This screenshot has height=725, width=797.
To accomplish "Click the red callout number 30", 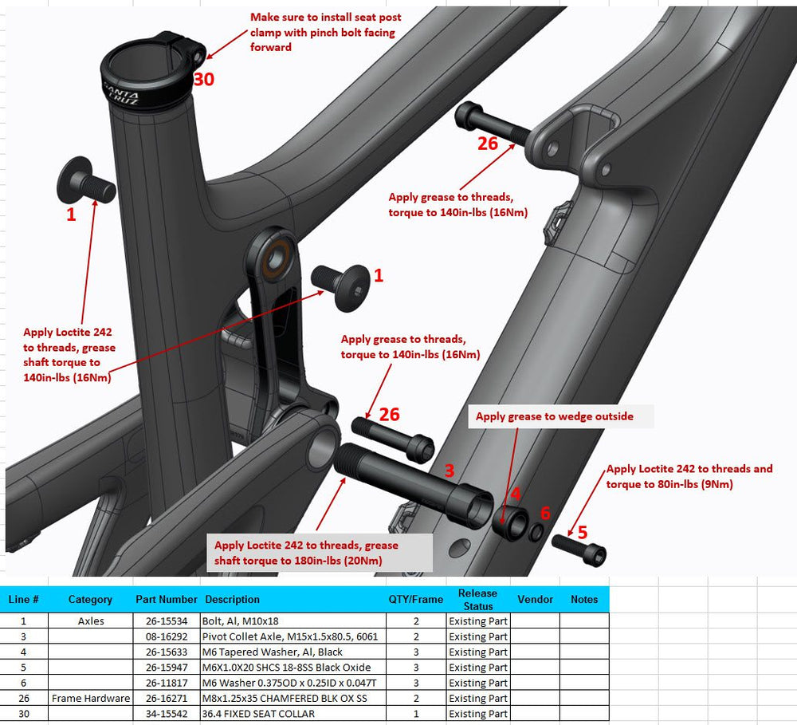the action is point(204,80).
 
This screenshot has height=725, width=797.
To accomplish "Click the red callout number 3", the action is point(450,471).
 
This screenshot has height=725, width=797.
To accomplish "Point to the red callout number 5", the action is point(583,532).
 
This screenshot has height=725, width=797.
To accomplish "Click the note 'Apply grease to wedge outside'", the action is point(555,416).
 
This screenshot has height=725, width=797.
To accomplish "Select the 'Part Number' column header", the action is point(167,599).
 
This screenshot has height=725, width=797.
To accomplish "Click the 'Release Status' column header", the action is point(477,599).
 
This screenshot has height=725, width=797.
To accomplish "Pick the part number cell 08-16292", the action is point(167,636).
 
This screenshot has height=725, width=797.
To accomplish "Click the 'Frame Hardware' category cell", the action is point(91,698).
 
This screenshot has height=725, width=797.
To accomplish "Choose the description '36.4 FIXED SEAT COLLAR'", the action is point(258,714).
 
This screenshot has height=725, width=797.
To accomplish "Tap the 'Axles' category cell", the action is point(91,621).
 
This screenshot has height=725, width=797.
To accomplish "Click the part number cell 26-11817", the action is point(167,683).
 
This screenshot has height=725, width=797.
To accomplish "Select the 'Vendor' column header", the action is point(535,599).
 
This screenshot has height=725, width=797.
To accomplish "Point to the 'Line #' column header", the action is point(23,599).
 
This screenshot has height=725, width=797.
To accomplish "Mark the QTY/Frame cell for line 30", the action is point(416,714).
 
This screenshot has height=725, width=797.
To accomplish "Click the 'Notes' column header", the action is point(584,599).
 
